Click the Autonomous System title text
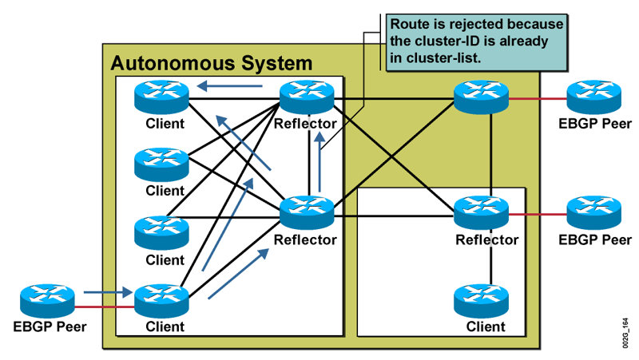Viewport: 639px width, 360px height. pos(211,62)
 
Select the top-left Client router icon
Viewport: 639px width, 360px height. pos(161,98)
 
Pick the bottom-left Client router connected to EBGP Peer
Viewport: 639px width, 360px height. pos(161,301)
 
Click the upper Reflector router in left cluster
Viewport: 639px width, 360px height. pos(307,98)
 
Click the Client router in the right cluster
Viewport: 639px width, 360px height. pos(481,301)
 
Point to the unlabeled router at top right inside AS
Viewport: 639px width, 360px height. pos(481,98)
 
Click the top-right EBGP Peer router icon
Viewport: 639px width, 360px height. pos(593,98)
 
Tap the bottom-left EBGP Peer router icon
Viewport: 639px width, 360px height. pos(47,301)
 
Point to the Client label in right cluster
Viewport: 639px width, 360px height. pos(486,326)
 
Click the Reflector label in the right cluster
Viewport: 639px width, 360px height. pos(487,239)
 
